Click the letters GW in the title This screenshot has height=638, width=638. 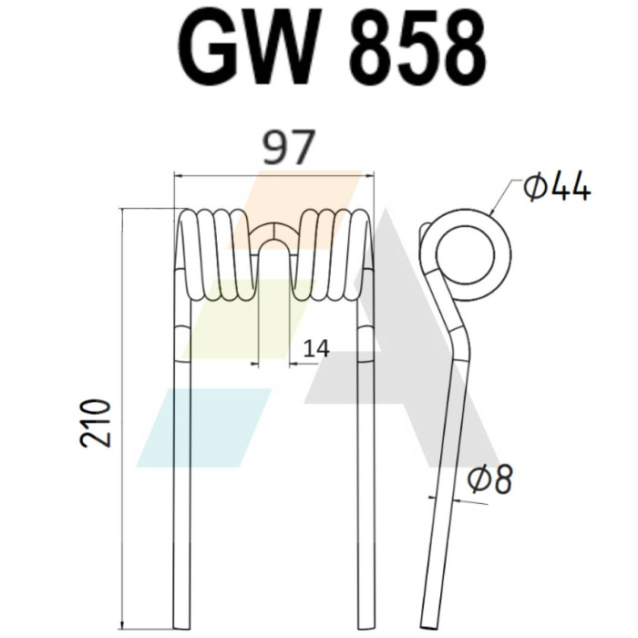click(x=247, y=47)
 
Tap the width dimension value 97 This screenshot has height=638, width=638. click(x=289, y=148)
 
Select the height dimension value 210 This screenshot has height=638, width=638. click(x=96, y=423)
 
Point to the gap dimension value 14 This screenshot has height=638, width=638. click(x=316, y=349)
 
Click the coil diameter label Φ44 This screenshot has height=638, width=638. click(x=557, y=186)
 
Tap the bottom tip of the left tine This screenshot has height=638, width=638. click(x=181, y=628)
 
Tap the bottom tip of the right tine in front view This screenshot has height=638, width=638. click(x=365, y=628)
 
